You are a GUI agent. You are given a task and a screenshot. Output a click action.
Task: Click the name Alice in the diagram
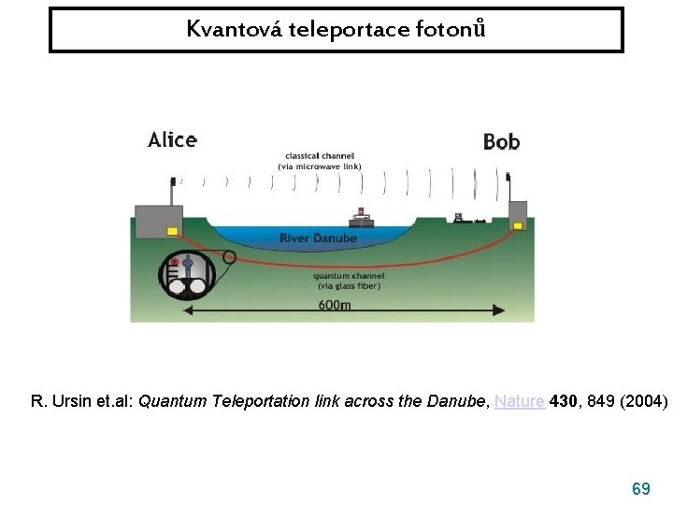(x=172, y=140)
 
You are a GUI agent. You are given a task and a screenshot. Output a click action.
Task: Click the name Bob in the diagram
(x=501, y=142)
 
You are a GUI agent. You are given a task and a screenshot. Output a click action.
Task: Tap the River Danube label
(x=318, y=238)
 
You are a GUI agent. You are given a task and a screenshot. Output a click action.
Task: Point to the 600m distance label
(x=335, y=306)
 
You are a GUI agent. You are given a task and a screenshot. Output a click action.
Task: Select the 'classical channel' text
(x=319, y=155)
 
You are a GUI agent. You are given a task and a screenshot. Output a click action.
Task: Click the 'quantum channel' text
(x=347, y=276)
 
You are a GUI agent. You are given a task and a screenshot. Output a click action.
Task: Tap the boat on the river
(x=361, y=219)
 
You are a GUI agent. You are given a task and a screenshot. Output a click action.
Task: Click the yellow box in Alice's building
(x=172, y=230)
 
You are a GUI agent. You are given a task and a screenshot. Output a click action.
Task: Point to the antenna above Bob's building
(x=511, y=187)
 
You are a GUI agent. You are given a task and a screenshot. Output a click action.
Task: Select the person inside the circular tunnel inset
(x=189, y=267)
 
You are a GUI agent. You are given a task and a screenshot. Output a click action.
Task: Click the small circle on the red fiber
(x=229, y=256)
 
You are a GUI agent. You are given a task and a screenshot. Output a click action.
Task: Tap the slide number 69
(x=641, y=488)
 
